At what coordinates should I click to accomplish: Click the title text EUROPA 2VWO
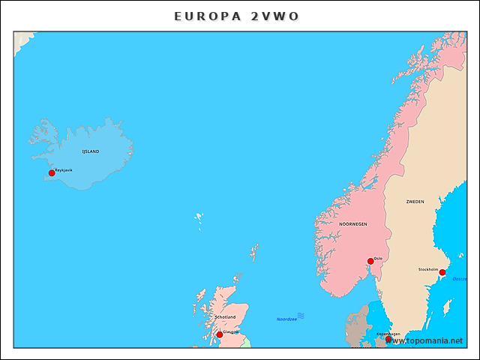tap(240, 16)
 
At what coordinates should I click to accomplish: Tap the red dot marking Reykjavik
tap(52, 173)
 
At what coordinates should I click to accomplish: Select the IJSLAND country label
tap(90, 151)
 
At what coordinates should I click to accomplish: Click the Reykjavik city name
tap(64, 169)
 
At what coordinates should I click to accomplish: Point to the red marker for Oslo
tap(370, 262)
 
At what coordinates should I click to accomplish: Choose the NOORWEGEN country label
tap(353, 224)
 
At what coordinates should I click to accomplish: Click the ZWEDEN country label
tap(415, 202)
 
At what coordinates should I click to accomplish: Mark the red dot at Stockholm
tap(442, 272)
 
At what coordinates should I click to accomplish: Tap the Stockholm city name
tap(428, 268)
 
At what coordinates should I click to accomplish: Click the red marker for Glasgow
tap(220, 334)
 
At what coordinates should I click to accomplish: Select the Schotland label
tap(225, 317)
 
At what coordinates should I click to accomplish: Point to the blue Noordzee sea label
tap(286, 319)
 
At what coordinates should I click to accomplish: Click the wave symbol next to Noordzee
tap(301, 316)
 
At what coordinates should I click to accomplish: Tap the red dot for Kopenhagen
tap(388, 339)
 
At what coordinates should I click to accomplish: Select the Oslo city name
tap(378, 258)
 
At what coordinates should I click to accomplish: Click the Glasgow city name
tap(231, 331)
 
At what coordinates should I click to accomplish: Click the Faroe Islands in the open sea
tap(199, 220)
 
